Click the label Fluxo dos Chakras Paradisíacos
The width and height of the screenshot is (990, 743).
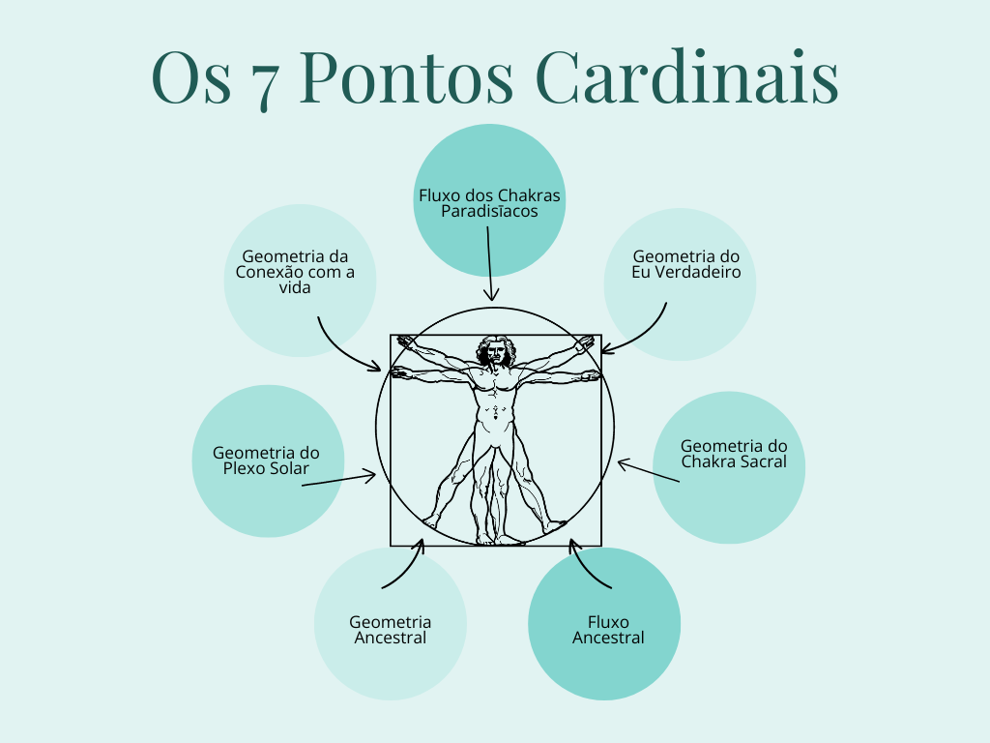click(x=489, y=203)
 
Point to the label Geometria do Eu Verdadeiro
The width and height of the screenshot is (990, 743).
click(x=686, y=264)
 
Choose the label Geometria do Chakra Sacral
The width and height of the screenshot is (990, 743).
click(x=734, y=454)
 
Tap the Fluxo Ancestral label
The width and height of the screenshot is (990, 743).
click(x=608, y=630)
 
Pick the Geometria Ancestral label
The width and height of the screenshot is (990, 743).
click(x=391, y=630)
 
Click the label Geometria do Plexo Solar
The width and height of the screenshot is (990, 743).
click(x=266, y=461)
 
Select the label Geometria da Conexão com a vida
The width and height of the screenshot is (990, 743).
click(x=295, y=272)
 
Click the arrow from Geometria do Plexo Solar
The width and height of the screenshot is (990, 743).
click(x=338, y=478)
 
